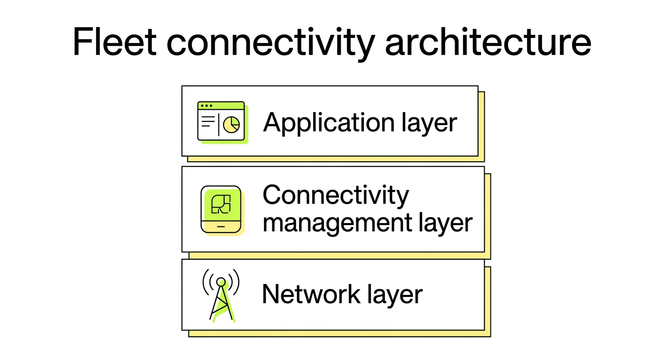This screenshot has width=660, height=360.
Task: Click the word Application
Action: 329,123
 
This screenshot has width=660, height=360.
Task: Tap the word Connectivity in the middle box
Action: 336,195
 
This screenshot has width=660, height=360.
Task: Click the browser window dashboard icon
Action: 221,121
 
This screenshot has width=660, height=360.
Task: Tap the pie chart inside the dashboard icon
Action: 232,125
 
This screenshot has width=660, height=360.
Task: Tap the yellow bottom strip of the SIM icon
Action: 221,226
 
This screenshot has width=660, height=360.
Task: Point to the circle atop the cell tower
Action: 221,282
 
